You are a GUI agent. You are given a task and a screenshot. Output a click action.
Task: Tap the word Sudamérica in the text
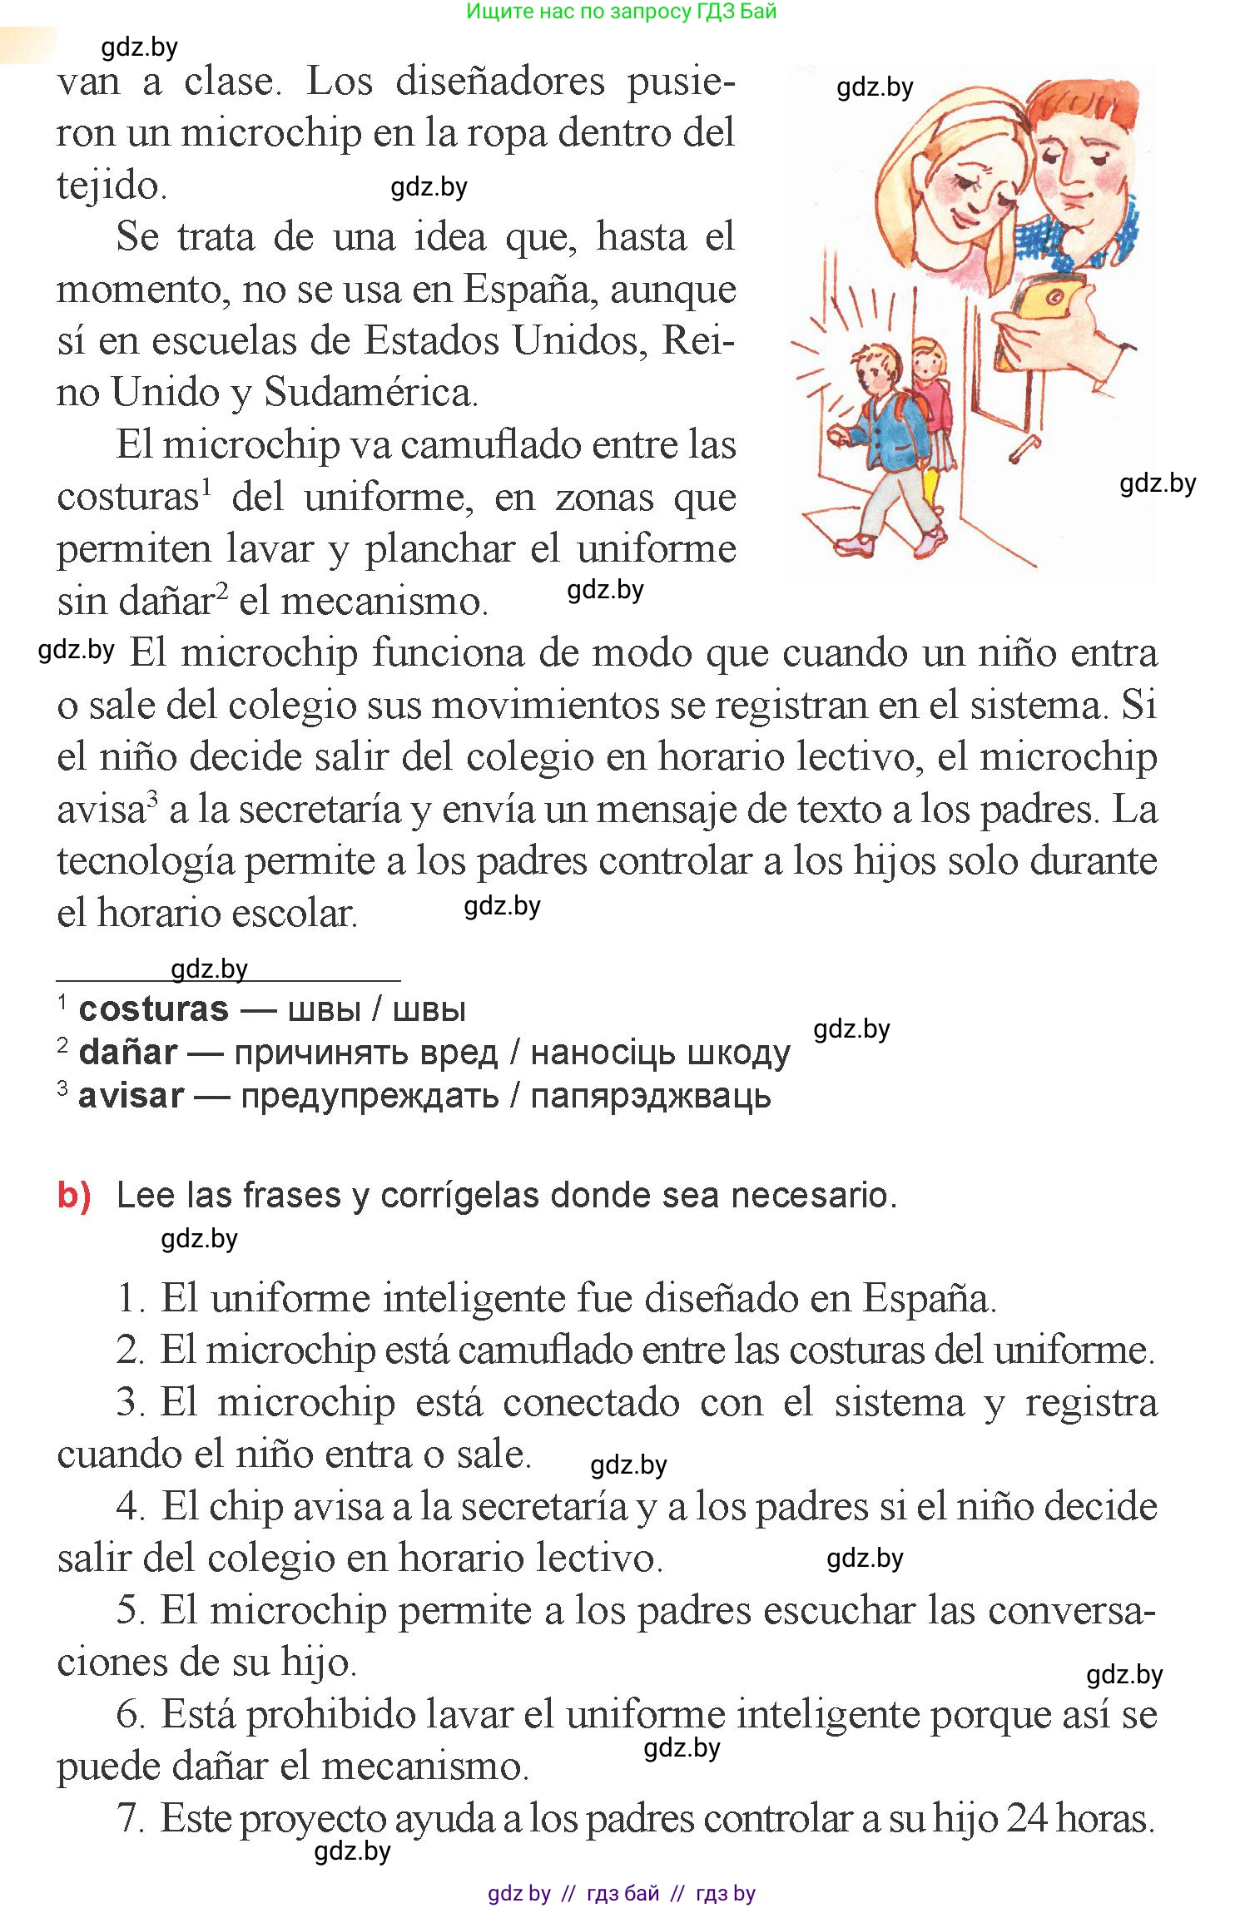[370, 393]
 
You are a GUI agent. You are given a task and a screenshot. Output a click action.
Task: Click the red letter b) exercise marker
[73, 1196]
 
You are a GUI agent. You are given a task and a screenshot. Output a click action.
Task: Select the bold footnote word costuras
[153, 1010]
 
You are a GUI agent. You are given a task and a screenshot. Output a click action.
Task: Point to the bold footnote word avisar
[131, 1097]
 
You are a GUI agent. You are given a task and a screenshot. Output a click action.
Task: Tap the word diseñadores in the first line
[500, 82]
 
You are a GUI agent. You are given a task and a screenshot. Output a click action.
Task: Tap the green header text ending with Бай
[621, 12]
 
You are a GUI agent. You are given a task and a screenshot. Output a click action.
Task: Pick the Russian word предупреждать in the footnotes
[370, 1097]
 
